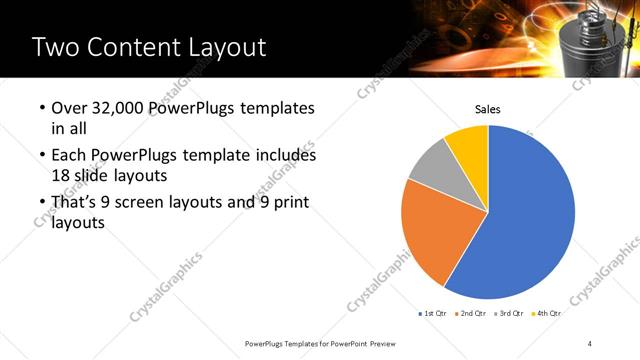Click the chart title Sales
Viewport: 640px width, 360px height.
(x=487, y=110)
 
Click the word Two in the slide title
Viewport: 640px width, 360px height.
(x=56, y=47)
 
